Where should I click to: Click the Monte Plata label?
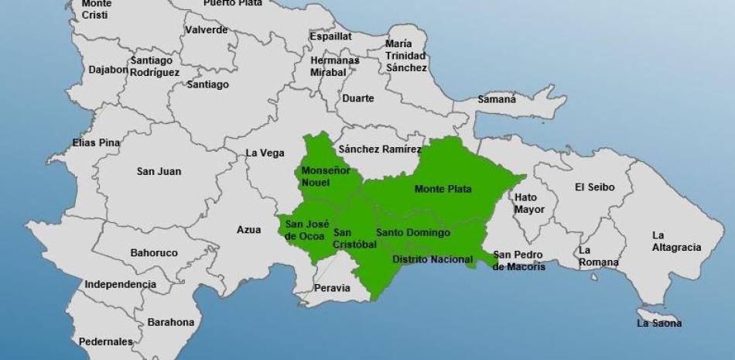click(x=443, y=189)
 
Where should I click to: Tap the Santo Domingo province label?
click(x=412, y=232)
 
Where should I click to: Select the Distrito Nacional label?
click(x=432, y=259)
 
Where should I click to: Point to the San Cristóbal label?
click(x=354, y=238)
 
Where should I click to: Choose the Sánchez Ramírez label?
click(x=379, y=149)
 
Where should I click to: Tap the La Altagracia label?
click(x=676, y=241)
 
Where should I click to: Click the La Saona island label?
click(x=659, y=323)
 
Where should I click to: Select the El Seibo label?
click(x=594, y=187)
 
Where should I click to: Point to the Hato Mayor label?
click(x=530, y=203)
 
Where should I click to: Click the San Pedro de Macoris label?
click(x=518, y=260)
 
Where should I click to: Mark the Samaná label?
click(x=496, y=99)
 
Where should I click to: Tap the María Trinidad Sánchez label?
click(x=406, y=56)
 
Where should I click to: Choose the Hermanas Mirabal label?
click(x=334, y=66)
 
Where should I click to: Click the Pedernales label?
click(x=105, y=341)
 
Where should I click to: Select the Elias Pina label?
click(x=96, y=142)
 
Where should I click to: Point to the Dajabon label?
click(x=108, y=69)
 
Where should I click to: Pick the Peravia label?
click(x=331, y=288)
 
